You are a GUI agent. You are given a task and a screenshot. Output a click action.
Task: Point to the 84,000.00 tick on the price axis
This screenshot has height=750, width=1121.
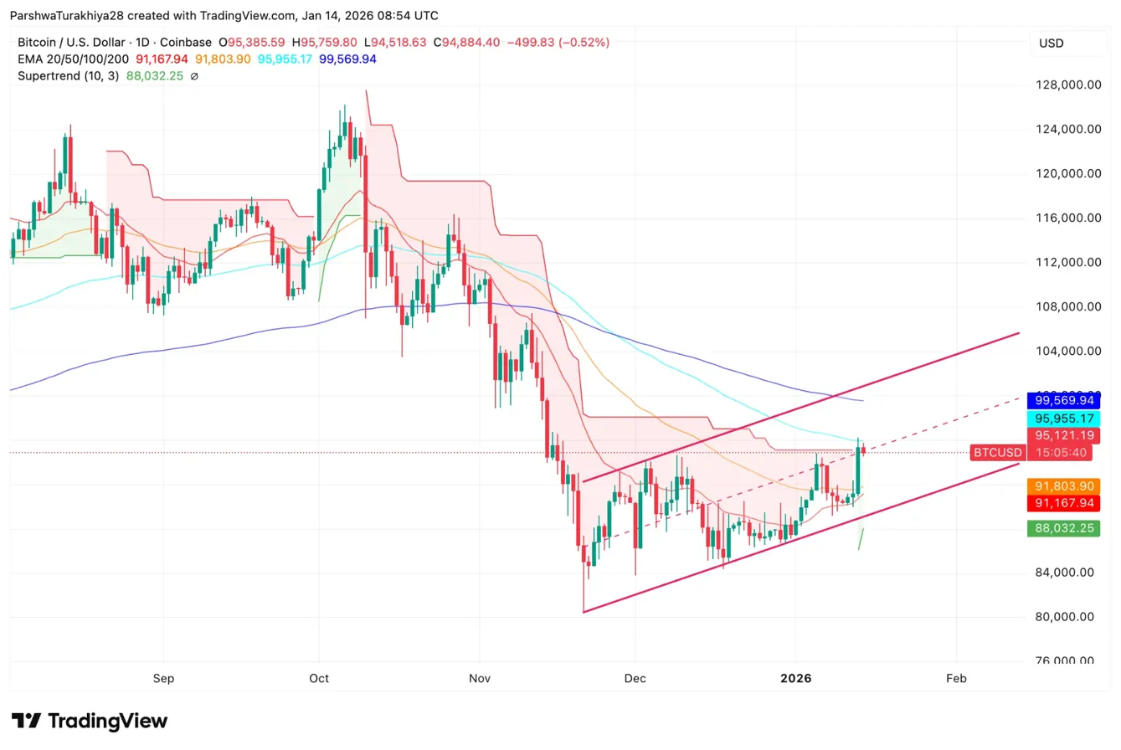point(1062,573)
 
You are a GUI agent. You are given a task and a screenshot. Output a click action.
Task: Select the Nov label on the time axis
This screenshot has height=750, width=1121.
point(479,678)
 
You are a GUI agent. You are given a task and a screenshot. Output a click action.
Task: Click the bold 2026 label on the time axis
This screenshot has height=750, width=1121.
point(796,678)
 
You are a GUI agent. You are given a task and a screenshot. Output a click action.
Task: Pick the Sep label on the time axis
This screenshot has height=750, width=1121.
point(164,678)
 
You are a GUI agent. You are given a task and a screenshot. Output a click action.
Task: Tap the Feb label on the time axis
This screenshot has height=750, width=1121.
point(956,678)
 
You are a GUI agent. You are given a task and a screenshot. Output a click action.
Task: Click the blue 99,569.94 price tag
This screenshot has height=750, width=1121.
point(1062,402)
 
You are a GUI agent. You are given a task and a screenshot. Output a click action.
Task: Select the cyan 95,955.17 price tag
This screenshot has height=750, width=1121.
point(1062,419)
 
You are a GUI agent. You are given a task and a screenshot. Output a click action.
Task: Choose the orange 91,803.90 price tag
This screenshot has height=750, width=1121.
point(1062,486)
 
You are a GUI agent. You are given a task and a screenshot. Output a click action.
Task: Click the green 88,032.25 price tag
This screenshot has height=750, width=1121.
point(1062,528)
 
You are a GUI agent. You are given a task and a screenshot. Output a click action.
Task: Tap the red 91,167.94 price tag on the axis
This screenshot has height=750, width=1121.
point(1062,503)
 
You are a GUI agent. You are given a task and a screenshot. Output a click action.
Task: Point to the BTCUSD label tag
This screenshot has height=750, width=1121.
point(996,453)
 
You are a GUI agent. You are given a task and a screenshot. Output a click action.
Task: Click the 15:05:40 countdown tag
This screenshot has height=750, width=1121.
point(1062,453)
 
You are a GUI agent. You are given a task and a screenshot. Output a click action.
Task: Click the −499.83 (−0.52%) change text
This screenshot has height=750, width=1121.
point(557,42)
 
